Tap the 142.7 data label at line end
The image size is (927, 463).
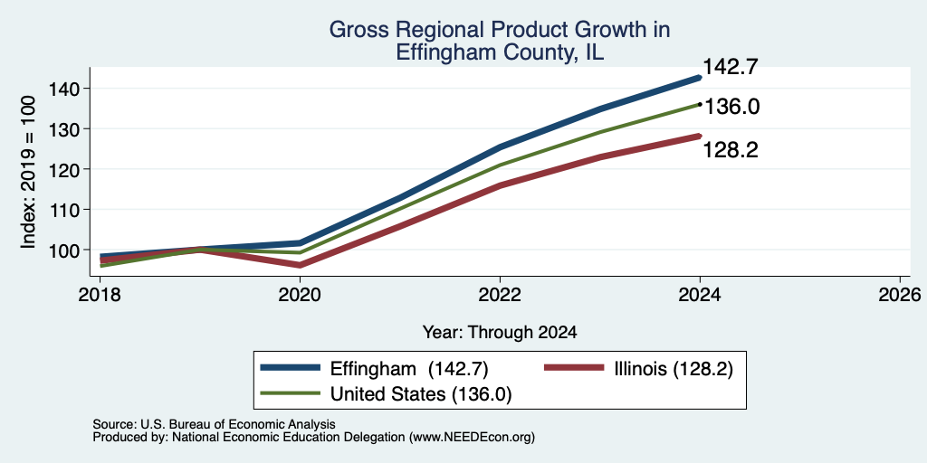[x=729, y=67]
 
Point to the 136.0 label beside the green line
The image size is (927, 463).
[x=731, y=107]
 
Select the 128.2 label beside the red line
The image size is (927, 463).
[x=731, y=151]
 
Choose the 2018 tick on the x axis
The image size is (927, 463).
[x=100, y=295]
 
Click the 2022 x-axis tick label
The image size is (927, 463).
[x=500, y=295]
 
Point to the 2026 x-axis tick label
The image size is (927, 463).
[x=900, y=295]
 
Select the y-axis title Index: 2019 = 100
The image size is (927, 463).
[x=28, y=172]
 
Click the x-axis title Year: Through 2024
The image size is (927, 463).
[x=500, y=333]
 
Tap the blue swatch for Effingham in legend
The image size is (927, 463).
[x=291, y=369]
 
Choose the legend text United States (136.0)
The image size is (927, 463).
[x=421, y=394]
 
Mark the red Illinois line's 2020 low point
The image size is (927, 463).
[x=300, y=265]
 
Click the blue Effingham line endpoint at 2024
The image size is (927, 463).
[x=700, y=78]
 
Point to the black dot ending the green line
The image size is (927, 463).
[x=700, y=105]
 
